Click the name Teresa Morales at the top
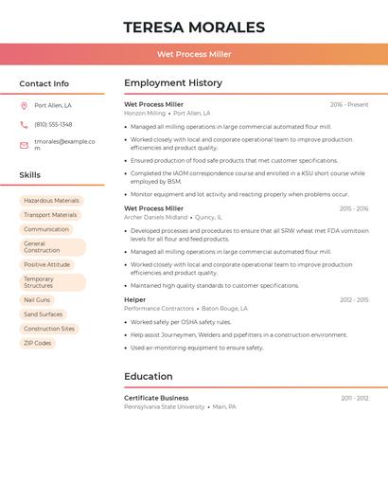click(194, 27)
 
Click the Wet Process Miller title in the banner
click(194, 54)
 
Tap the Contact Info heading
click(44, 83)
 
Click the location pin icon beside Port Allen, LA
click(24, 105)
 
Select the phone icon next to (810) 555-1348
click(24, 124)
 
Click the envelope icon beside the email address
click(24, 145)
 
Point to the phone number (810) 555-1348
click(53, 124)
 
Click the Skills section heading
click(29, 175)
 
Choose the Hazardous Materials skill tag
click(51, 201)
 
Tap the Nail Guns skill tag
click(37, 299)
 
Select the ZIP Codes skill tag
click(37, 343)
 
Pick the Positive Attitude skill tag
click(46, 264)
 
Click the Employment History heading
click(173, 83)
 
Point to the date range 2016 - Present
click(349, 104)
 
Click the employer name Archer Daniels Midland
click(155, 217)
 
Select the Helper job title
click(134, 299)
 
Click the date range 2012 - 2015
click(354, 300)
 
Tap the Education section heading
click(148, 377)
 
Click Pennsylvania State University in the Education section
click(164, 406)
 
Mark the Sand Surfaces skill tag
click(43, 314)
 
